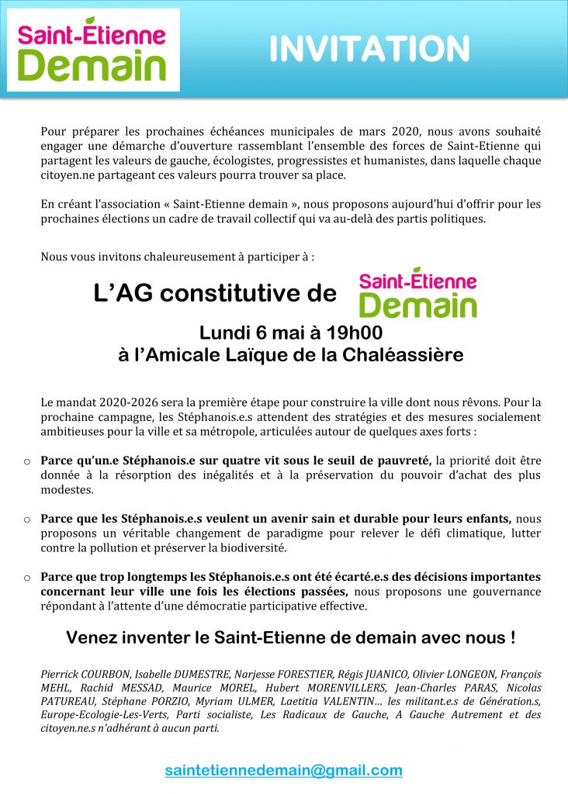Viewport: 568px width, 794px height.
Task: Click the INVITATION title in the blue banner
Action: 369,50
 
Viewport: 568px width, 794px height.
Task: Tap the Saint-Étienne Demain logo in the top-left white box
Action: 92,50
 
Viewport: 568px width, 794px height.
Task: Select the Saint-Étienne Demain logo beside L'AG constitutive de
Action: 417,292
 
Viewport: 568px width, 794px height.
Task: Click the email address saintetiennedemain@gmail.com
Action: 284,770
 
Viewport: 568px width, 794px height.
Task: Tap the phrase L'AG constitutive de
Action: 215,294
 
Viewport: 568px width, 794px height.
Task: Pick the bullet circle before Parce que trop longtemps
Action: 27,578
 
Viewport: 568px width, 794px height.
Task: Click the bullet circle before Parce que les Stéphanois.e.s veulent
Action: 27,520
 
